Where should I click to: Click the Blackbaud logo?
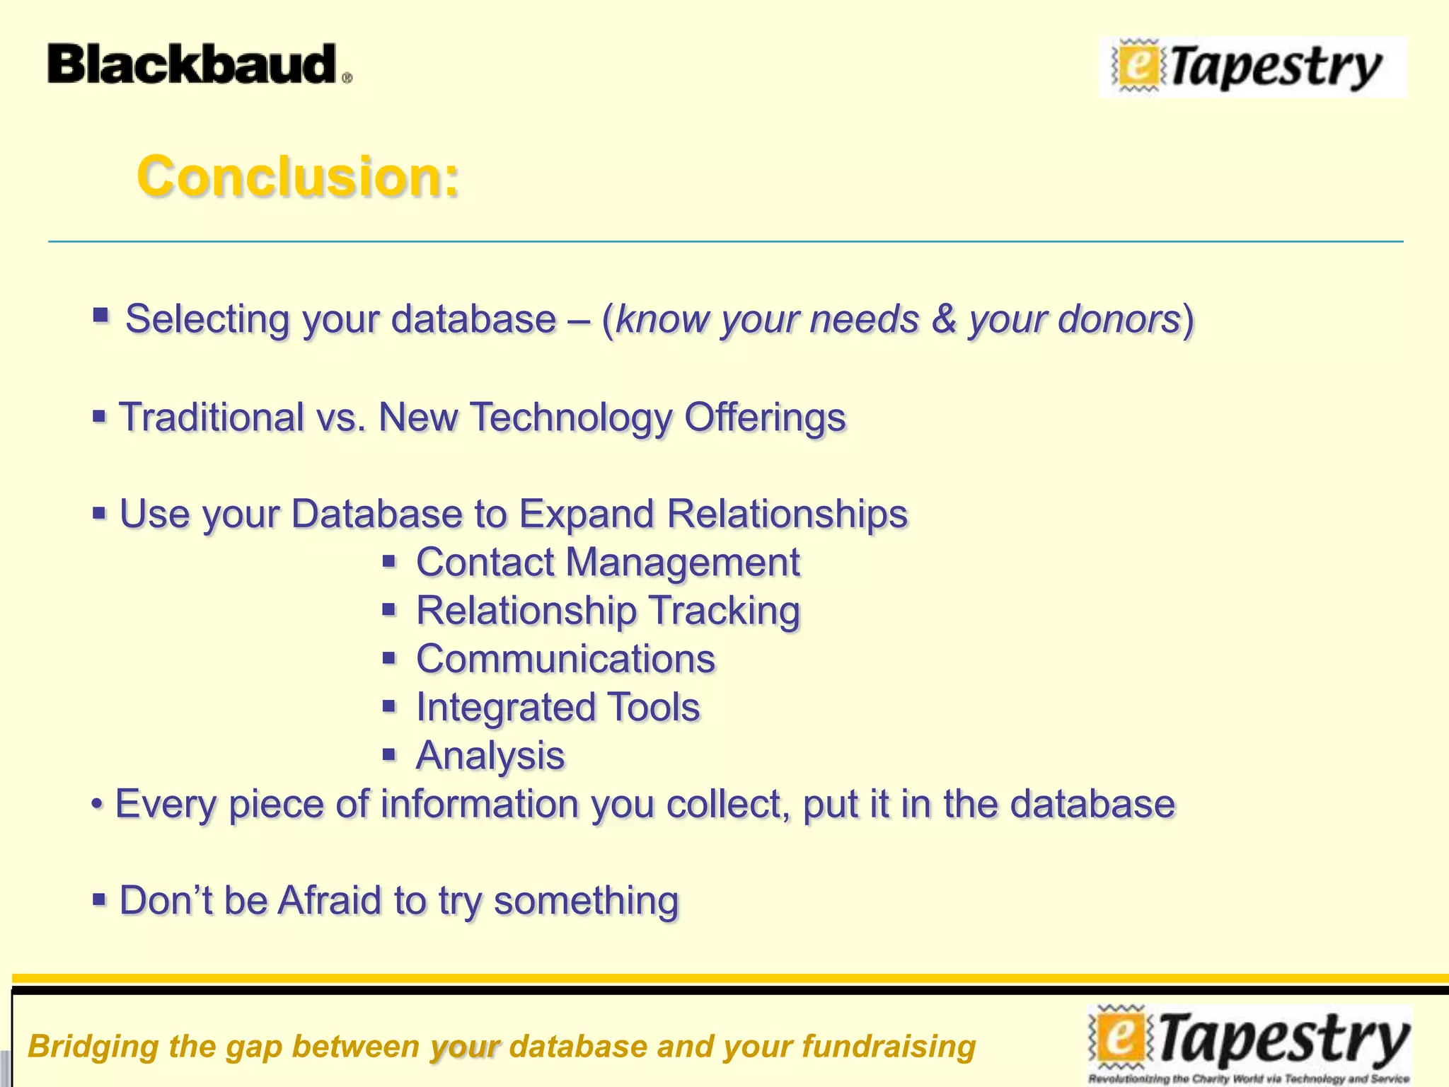click(x=198, y=64)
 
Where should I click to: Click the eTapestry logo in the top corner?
click(x=1252, y=67)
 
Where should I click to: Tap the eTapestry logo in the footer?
click(x=1249, y=1043)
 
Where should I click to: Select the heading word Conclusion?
click(x=298, y=176)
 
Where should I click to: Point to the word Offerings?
click(x=765, y=417)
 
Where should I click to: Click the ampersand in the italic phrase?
click(x=944, y=319)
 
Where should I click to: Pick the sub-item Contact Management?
click(x=608, y=563)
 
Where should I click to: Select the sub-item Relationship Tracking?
click(x=608, y=611)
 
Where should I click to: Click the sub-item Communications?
click(x=565, y=659)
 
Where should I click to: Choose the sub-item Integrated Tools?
click(x=558, y=707)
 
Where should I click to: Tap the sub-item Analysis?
click(x=490, y=755)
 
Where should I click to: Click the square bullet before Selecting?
click(x=100, y=315)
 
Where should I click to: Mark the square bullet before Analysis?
click(x=389, y=754)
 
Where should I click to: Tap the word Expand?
click(x=587, y=514)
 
